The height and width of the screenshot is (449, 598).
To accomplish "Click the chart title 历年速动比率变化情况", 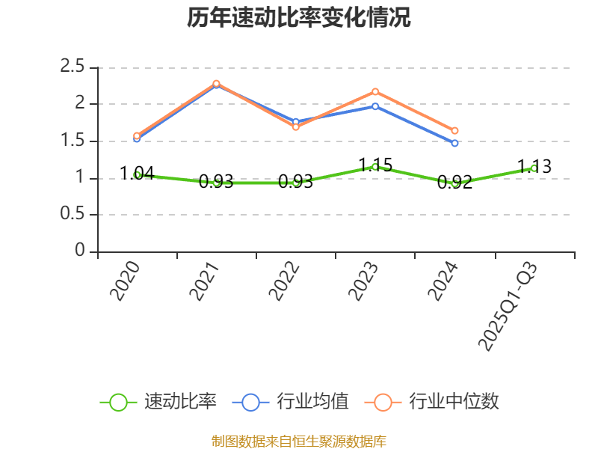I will (299, 18).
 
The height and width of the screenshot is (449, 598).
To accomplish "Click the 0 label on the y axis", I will (80, 251).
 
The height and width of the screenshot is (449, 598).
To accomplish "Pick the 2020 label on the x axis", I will (126, 281).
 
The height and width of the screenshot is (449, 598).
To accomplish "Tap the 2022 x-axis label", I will (284, 281).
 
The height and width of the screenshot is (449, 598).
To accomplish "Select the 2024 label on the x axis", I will (443, 281).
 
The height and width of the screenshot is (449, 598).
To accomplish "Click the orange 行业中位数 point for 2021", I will (216, 83).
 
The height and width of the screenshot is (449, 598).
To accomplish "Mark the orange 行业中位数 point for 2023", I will (375, 91).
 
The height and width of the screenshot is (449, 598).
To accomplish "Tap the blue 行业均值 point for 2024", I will (454, 143).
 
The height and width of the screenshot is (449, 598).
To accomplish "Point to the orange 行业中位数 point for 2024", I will (454, 131).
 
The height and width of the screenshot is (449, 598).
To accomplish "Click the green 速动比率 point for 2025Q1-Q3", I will (534, 168).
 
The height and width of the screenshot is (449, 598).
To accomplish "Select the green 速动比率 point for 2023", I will (375, 167).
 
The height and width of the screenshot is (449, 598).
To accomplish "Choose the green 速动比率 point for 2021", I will (216, 183).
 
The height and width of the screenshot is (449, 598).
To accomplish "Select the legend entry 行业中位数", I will (431, 402).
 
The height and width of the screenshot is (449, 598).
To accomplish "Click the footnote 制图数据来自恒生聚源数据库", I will (299, 441).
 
